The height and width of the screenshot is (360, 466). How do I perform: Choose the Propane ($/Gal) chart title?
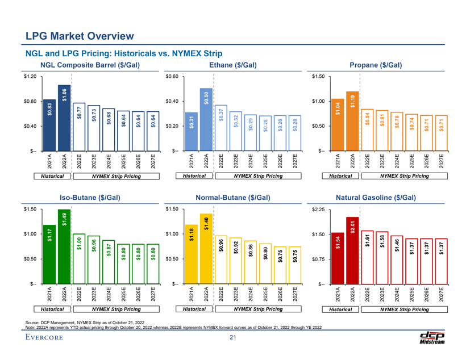376,66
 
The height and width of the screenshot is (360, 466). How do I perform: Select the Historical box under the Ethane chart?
193,177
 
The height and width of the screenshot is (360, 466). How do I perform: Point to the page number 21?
232,339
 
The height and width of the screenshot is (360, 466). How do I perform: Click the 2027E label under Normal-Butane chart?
294,296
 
